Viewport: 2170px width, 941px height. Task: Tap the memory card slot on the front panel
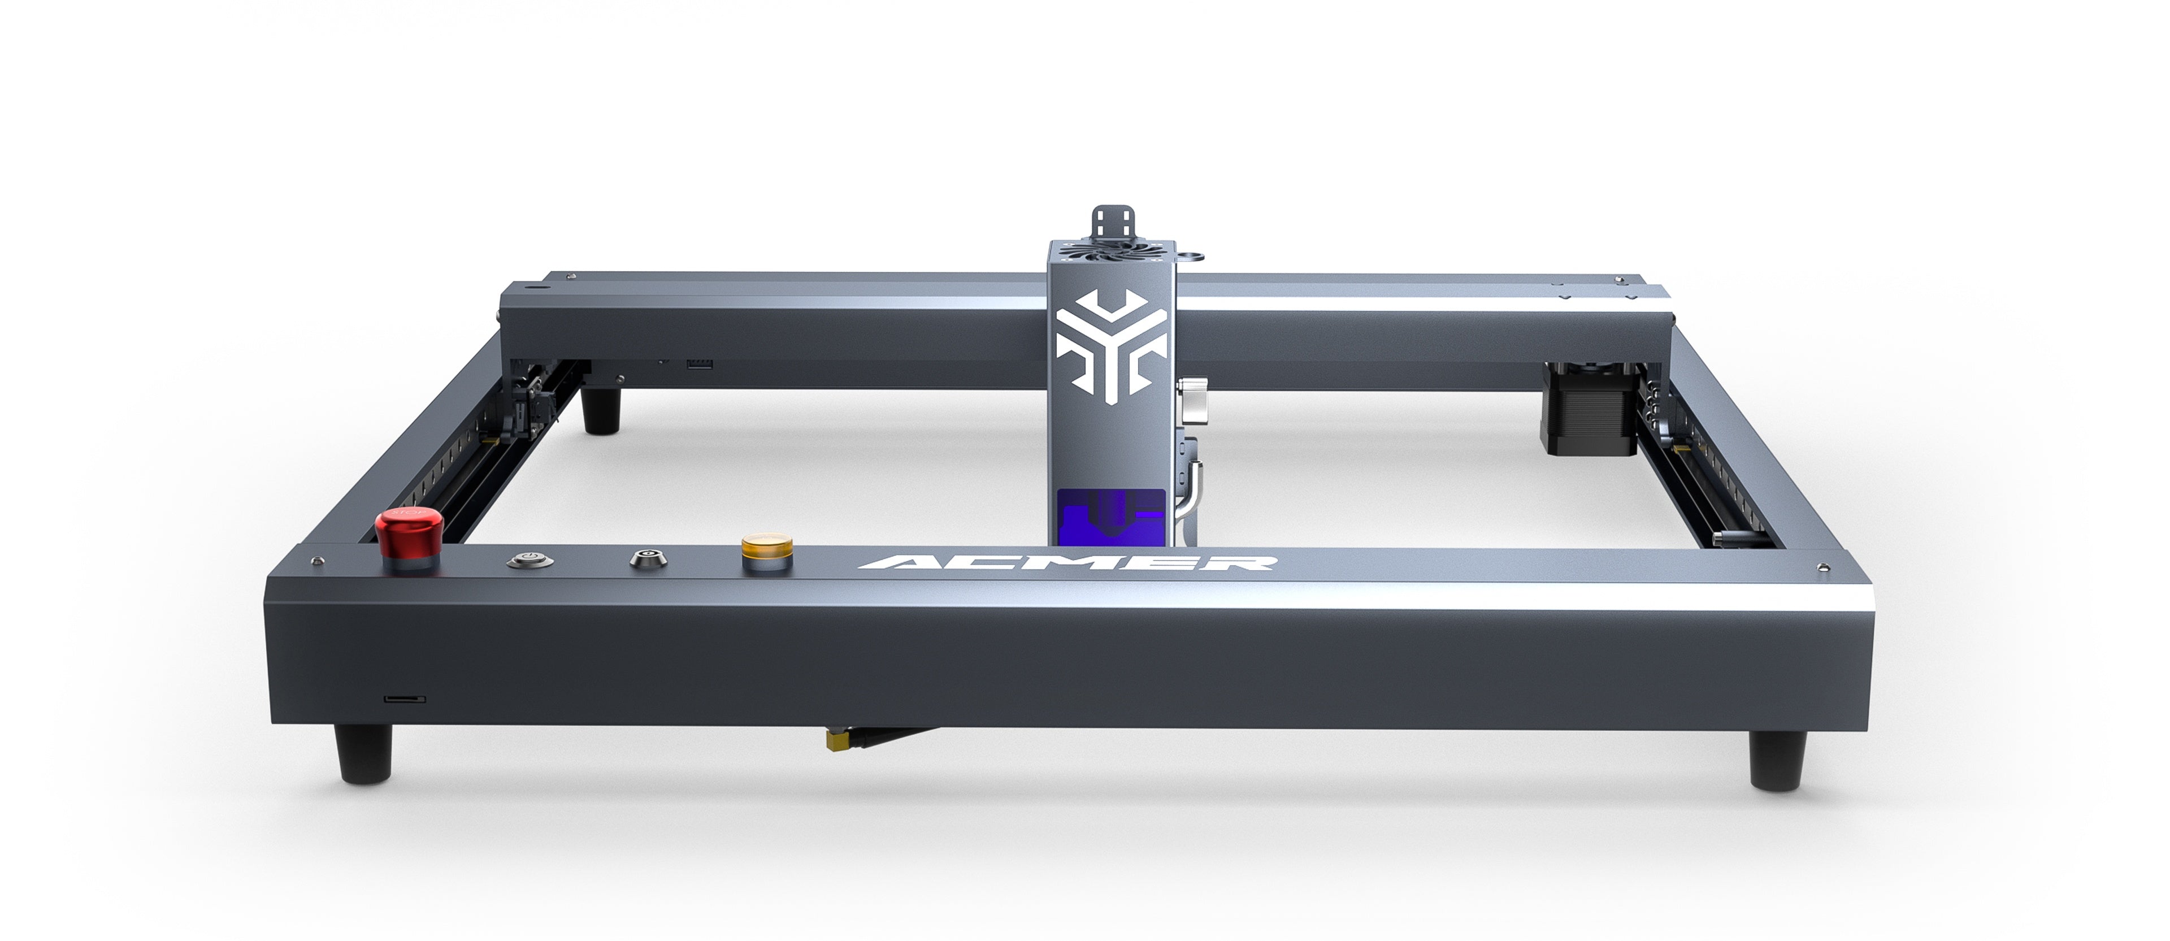coord(405,699)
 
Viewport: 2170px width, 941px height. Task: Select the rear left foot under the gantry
coord(603,411)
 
